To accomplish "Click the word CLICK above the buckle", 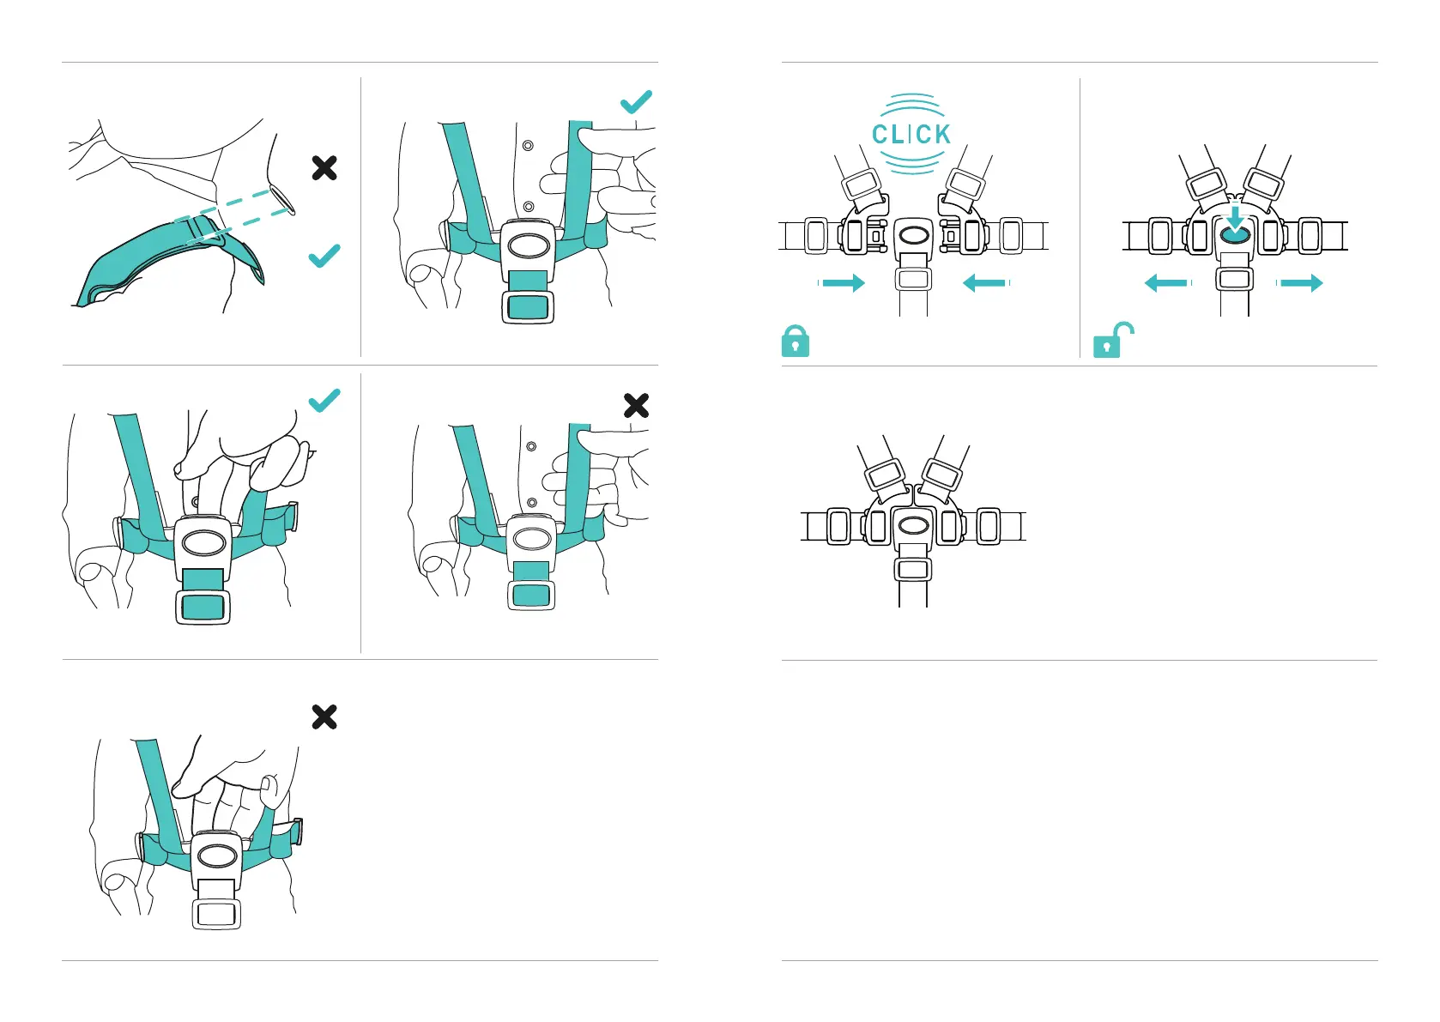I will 911,135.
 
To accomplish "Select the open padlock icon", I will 1112,341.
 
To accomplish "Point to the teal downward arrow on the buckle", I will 1234,218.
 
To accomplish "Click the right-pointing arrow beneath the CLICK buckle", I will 844,283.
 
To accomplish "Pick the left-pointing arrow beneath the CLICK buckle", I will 984,283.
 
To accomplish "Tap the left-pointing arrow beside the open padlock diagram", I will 1166,283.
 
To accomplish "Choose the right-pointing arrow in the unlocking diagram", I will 1301,283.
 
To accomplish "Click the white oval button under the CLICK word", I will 913,234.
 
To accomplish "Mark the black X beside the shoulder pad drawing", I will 324,167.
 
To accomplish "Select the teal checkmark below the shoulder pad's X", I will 324,256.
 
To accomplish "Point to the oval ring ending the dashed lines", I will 282,200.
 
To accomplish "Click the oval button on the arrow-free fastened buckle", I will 913,525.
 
